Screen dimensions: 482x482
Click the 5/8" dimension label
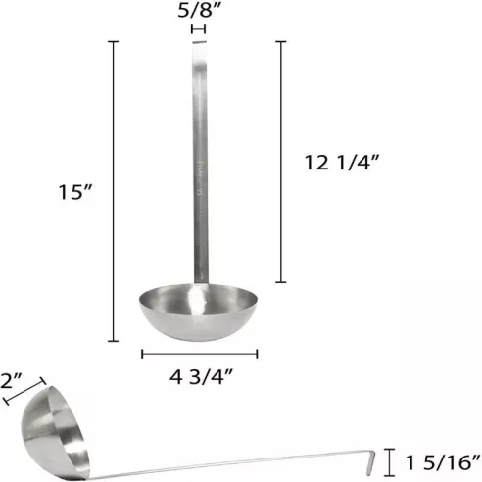(200, 13)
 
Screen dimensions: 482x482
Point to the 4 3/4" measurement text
(200, 375)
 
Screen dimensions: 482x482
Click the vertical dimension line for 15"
(116, 191)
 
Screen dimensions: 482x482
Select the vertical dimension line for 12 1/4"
(282, 162)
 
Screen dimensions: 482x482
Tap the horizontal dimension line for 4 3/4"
(200, 353)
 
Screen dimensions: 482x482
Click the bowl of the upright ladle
(200, 312)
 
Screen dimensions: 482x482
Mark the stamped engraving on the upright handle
(200, 186)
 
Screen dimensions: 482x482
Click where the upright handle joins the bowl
(201, 284)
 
